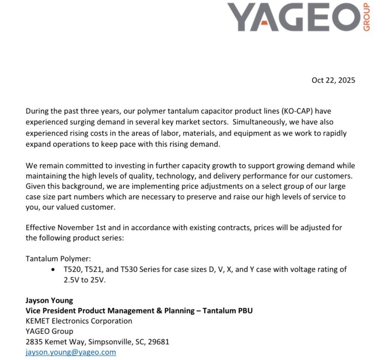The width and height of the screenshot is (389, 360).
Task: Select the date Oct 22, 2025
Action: (333, 80)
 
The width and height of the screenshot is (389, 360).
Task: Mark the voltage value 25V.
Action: (97, 280)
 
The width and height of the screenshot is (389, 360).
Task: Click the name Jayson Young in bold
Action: (49, 300)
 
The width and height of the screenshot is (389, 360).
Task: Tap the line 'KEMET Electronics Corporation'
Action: (79, 321)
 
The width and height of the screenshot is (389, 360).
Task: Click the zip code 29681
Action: (158, 341)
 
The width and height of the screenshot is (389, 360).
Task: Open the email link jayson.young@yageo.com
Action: (71, 352)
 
